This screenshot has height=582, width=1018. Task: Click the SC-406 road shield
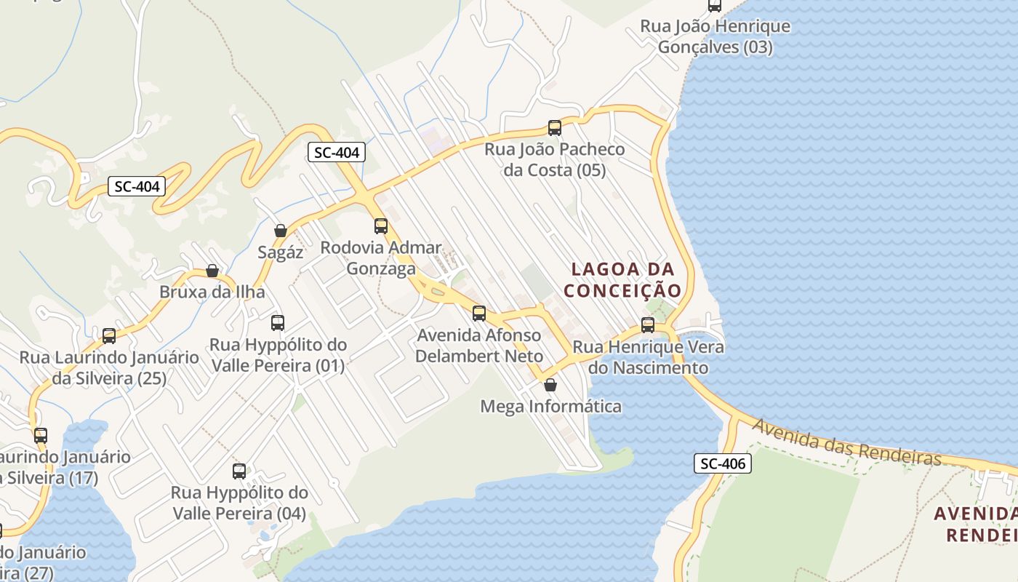pos(722,463)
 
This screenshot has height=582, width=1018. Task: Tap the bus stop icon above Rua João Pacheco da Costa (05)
pos(555,128)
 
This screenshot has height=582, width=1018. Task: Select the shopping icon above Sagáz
pos(281,231)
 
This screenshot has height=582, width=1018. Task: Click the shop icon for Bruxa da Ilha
pos(212,271)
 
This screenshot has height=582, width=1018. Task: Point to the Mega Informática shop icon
pos(550,385)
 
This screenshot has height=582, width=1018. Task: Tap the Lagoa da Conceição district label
pos(623,280)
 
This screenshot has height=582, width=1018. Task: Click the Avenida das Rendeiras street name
pos(846,442)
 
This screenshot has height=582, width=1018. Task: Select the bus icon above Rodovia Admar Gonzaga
pos(381,226)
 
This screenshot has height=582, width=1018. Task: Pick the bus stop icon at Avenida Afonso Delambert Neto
pos(479,314)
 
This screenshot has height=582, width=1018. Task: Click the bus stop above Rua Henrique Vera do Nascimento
pos(648,325)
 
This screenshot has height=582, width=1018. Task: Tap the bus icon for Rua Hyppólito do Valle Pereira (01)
pos(278,323)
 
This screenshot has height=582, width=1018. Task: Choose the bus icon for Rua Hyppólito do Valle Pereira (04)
pos(239,471)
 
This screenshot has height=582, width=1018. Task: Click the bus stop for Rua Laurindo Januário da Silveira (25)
pos(109,336)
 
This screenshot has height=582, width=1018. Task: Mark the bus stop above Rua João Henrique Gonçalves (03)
pos(715,6)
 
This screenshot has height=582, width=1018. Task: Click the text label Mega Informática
pos(550,406)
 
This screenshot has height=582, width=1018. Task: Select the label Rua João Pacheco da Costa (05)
pos(555,160)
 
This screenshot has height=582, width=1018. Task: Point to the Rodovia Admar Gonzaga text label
pos(381,258)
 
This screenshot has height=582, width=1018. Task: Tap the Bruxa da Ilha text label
pos(212,292)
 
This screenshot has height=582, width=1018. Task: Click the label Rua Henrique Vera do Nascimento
pos(648,357)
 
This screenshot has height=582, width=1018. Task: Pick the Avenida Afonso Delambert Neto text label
pos(479,346)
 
